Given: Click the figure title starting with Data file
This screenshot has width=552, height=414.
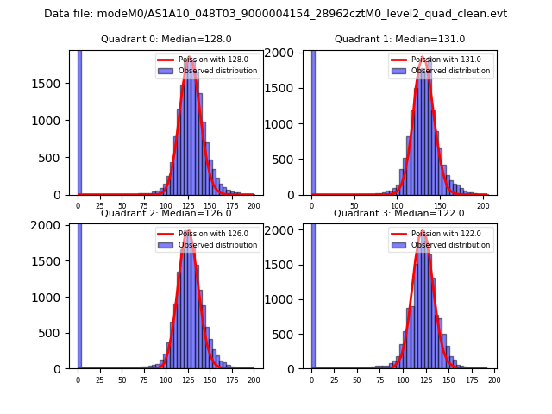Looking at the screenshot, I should (275, 14).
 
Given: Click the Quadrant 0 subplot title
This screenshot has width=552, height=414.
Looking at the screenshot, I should (166, 39).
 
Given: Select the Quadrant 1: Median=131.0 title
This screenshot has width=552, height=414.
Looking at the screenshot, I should (399, 39).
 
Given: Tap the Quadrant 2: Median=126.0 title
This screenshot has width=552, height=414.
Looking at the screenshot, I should (166, 213).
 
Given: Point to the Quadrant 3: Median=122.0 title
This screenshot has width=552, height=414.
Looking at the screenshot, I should (399, 213).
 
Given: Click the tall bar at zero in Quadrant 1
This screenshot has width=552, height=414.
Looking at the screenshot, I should (313, 121).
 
